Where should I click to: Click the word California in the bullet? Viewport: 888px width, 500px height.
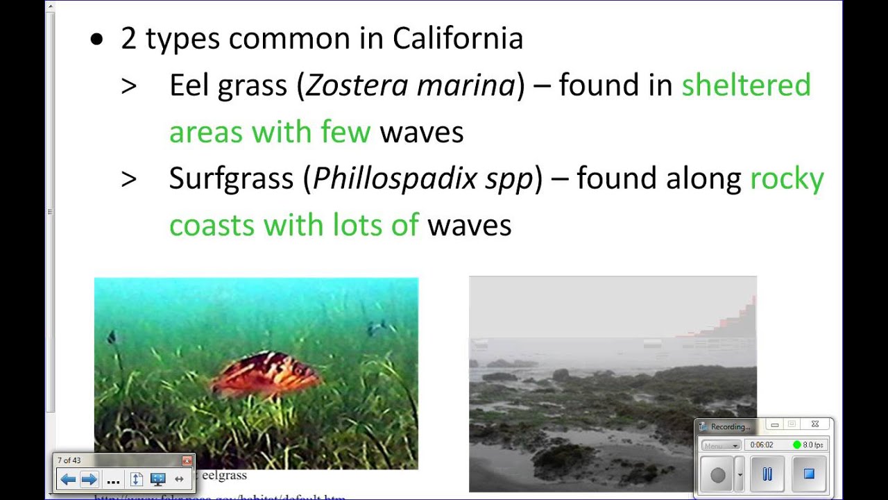pos(458,39)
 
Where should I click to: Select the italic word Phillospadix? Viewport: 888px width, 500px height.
pos(395,179)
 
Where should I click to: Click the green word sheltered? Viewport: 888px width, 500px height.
pos(746,85)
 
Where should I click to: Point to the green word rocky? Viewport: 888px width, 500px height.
pos(787,179)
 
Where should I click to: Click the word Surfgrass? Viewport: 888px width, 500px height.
pos(232,179)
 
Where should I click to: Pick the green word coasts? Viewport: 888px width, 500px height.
pos(211,225)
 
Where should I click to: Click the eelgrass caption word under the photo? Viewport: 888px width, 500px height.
pos(224,476)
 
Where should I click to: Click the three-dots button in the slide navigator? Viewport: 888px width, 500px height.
pos(114,479)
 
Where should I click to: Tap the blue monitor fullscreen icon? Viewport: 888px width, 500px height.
pos(157,479)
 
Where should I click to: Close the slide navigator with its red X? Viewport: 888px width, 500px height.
pos(186,460)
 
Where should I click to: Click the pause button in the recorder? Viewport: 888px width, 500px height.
pos(767,474)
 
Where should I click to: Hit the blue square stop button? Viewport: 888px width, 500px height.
pos(808,474)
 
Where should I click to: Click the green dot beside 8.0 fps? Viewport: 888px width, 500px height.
pos(796,445)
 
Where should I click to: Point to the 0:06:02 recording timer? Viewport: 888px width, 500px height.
pos(762,445)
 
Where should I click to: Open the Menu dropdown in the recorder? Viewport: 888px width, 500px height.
pos(721,445)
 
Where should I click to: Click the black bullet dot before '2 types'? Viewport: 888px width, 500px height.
pos(96,40)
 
